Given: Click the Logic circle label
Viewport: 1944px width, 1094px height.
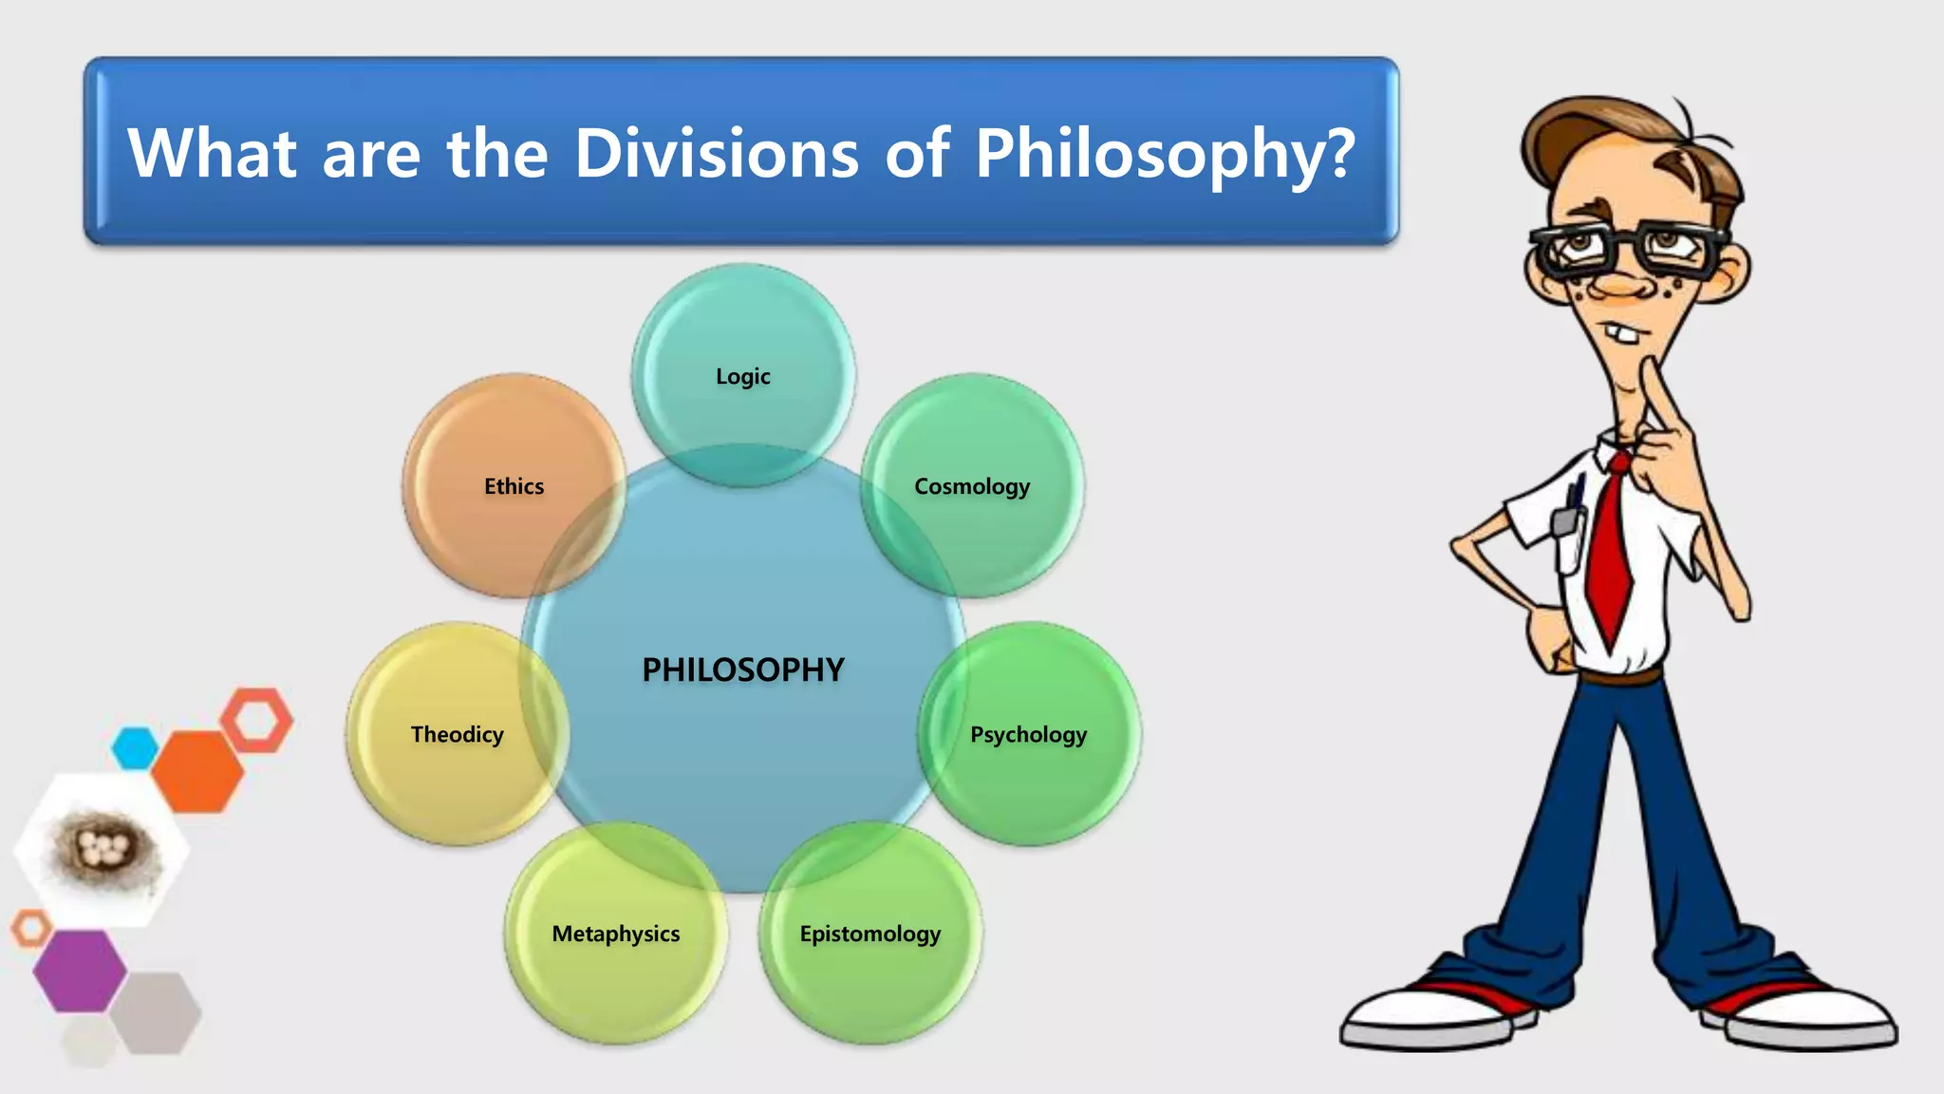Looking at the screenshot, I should pos(742,376).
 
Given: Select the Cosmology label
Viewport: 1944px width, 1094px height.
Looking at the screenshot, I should pos(971,486).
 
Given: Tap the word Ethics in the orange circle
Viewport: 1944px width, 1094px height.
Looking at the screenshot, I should pos(514,486).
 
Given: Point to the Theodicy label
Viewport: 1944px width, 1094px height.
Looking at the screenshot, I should pos(457,734).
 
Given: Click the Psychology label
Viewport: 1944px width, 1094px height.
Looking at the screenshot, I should pos(1028,734).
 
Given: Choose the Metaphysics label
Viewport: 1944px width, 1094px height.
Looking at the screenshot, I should pos(616,934).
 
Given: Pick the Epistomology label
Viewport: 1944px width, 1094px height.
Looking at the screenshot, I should pos(869,934).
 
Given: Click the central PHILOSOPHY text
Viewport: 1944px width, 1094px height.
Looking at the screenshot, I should pos(742,670).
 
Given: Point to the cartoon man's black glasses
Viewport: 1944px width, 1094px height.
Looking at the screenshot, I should pos(1628,249).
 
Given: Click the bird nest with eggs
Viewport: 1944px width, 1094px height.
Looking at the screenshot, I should pos(103,848).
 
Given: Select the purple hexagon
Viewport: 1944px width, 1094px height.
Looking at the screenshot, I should pos(79,970).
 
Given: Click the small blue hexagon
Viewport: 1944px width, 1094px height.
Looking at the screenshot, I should pos(135,747).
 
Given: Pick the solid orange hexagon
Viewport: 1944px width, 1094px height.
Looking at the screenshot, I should pos(197,770).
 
